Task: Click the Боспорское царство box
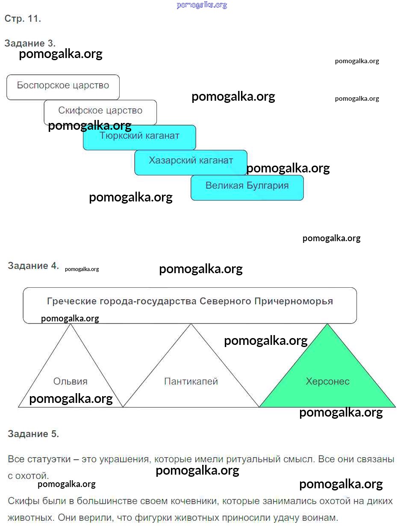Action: pyautogui.click(x=63, y=87)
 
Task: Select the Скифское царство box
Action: pyautogui.click(x=100, y=111)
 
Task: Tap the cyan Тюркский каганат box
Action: pyautogui.click(x=139, y=137)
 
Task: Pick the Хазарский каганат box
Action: pyautogui.click(x=191, y=162)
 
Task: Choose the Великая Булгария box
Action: pyautogui.click(x=247, y=187)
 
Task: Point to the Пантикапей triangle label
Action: pyautogui.click(x=191, y=381)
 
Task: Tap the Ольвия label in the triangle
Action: pyautogui.click(x=71, y=381)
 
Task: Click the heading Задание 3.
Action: pyautogui.click(x=30, y=43)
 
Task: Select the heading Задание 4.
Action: pyautogui.click(x=33, y=265)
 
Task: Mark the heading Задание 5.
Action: pyautogui.click(x=33, y=434)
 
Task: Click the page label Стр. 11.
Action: pyautogui.click(x=23, y=19)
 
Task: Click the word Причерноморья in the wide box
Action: pyautogui.click(x=293, y=301)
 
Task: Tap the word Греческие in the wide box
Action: pyautogui.click(x=71, y=301)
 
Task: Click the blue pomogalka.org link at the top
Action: pyautogui.click(x=202, y=5)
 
